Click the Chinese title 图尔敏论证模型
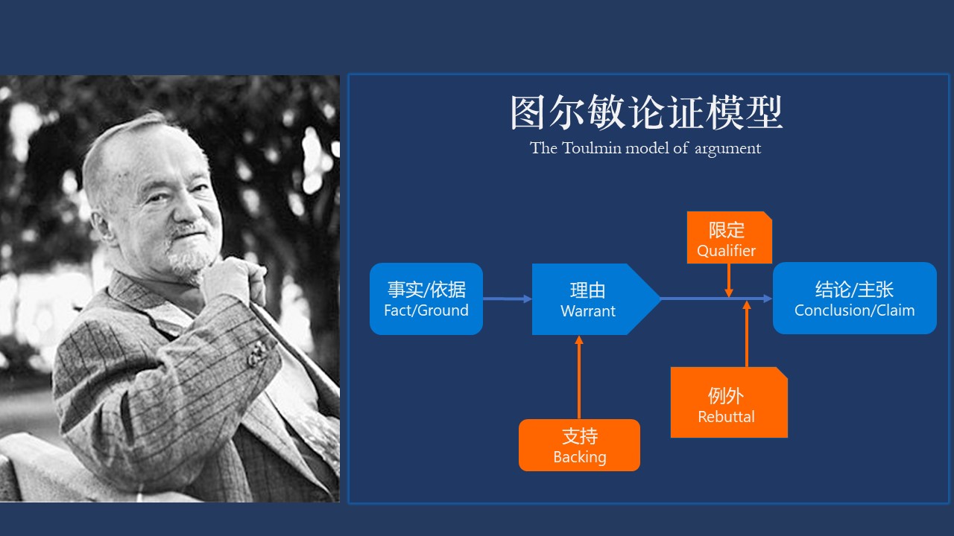[646, 113]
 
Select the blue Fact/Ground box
[426, 299]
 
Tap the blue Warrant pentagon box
[589, 299]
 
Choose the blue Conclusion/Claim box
[854, 299]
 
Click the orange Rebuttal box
[727, 403]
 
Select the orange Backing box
[579, 445]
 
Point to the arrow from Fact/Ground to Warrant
[508, 299]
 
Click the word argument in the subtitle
[727, 149]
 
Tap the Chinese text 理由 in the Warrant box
[588, 290]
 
